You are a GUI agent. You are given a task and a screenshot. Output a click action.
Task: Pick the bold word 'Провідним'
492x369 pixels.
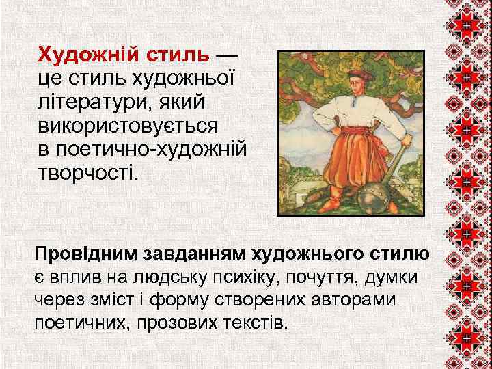pos(86,254)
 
